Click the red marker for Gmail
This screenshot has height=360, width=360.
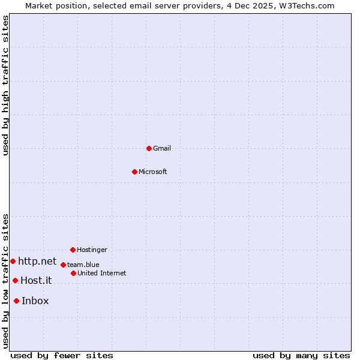pos(149,148)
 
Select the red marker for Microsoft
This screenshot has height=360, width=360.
pos(134,172)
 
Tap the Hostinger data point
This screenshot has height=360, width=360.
pos(73,250)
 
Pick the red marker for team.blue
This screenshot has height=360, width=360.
pos(63,265)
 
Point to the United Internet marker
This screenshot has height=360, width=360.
pos(73,273)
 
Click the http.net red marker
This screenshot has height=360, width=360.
pos(13,261)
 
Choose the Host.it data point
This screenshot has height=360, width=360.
pos(15,280)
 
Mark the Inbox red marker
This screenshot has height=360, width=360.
pos(16,301)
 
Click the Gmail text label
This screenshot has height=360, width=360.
pos(162,148)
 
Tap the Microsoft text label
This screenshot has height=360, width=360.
pos(153,172)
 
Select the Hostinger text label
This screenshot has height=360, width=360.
pos(92,250)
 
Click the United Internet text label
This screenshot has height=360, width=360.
pos(102,273)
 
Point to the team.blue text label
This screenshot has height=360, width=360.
pos(83,265)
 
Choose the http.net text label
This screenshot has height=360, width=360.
pos(37,261)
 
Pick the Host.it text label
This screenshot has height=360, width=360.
pos(36,280)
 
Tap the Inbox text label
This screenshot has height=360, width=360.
pos(35,301)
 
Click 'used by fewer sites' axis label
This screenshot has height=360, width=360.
pos(62,355)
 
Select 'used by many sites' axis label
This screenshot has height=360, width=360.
pos(301,355)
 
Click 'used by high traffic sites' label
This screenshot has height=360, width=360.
pos(5,85)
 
